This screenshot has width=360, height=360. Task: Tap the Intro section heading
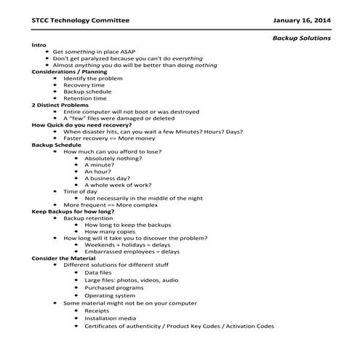point(39,45)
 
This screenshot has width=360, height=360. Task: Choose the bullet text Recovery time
point(84,85)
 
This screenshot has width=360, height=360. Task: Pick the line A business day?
point(108,178)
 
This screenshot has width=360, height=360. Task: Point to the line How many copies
point(110,231)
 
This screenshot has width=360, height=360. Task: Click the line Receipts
point(97,311)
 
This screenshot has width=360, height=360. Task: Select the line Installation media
point(110,318)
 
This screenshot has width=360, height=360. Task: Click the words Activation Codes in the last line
point(248,327)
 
